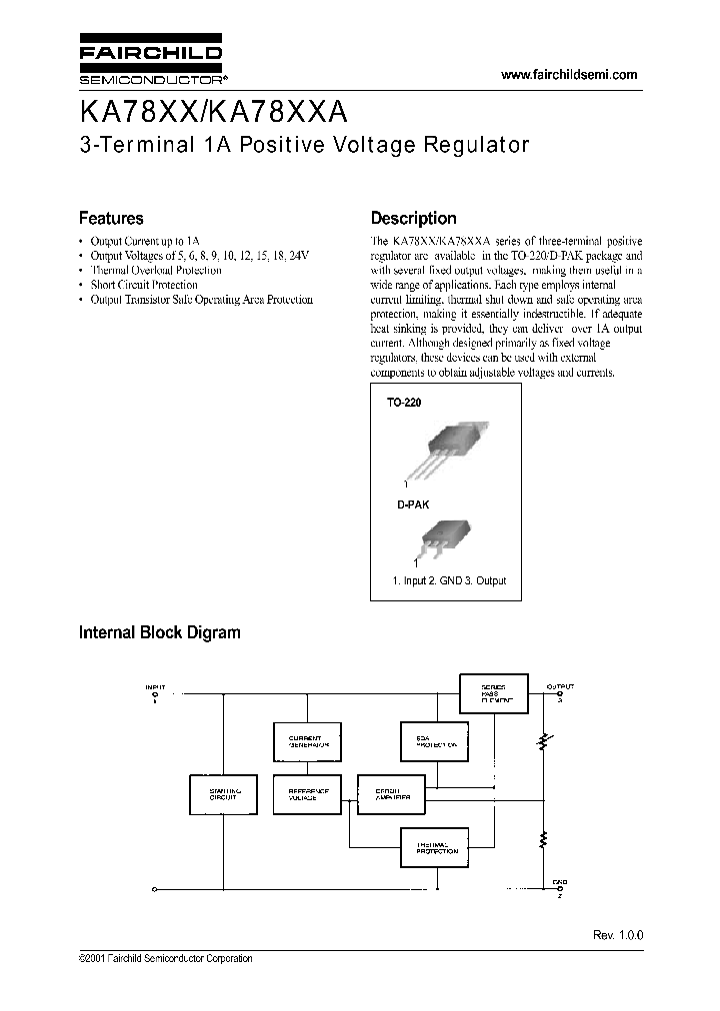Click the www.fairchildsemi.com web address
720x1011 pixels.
(x=568, y=76)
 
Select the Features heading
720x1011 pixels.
(x=111, y=218)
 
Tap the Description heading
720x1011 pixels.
(x=414, y=218)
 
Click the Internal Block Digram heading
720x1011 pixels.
(x=160, y=632)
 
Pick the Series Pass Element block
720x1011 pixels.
(x=492, y=693)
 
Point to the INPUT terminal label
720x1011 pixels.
(x=155, y=687)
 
